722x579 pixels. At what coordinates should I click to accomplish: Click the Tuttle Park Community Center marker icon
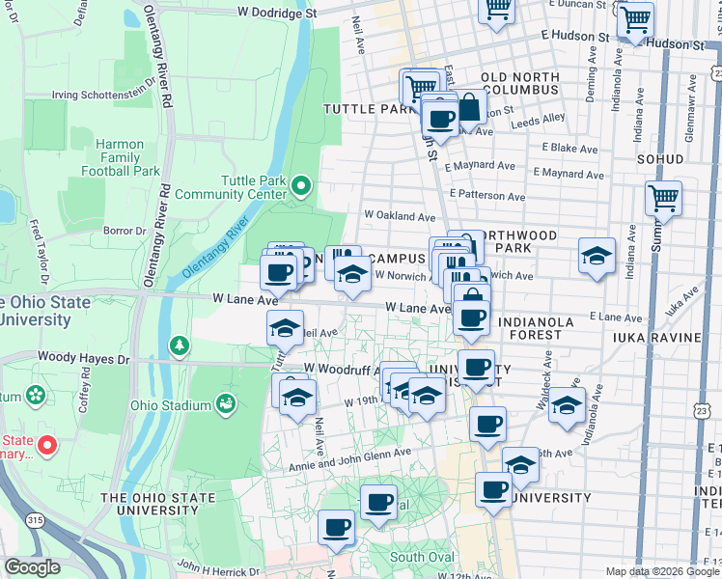[301, 183]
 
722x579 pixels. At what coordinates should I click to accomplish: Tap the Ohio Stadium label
[169, 404]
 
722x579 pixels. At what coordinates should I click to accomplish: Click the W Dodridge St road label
[277, 14]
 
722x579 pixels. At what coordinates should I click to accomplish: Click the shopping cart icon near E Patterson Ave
[663, 198]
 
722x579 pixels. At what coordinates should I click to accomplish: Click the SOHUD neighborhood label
[661, 158]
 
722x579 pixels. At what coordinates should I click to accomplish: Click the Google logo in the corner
[32, 567]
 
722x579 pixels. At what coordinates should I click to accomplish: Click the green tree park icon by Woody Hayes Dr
[179, 345]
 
